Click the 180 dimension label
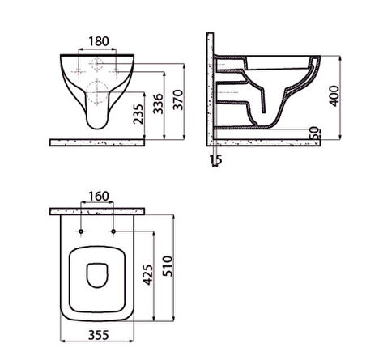(99, 41)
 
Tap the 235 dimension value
(138, 114)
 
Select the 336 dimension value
(158, 104)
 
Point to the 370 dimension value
(178, 100)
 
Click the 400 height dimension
(334, 96)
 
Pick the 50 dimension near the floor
(314, 133)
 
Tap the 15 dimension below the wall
(216, 159)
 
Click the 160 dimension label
(99, 197)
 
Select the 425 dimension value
(148, 275)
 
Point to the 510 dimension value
(168, 266)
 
